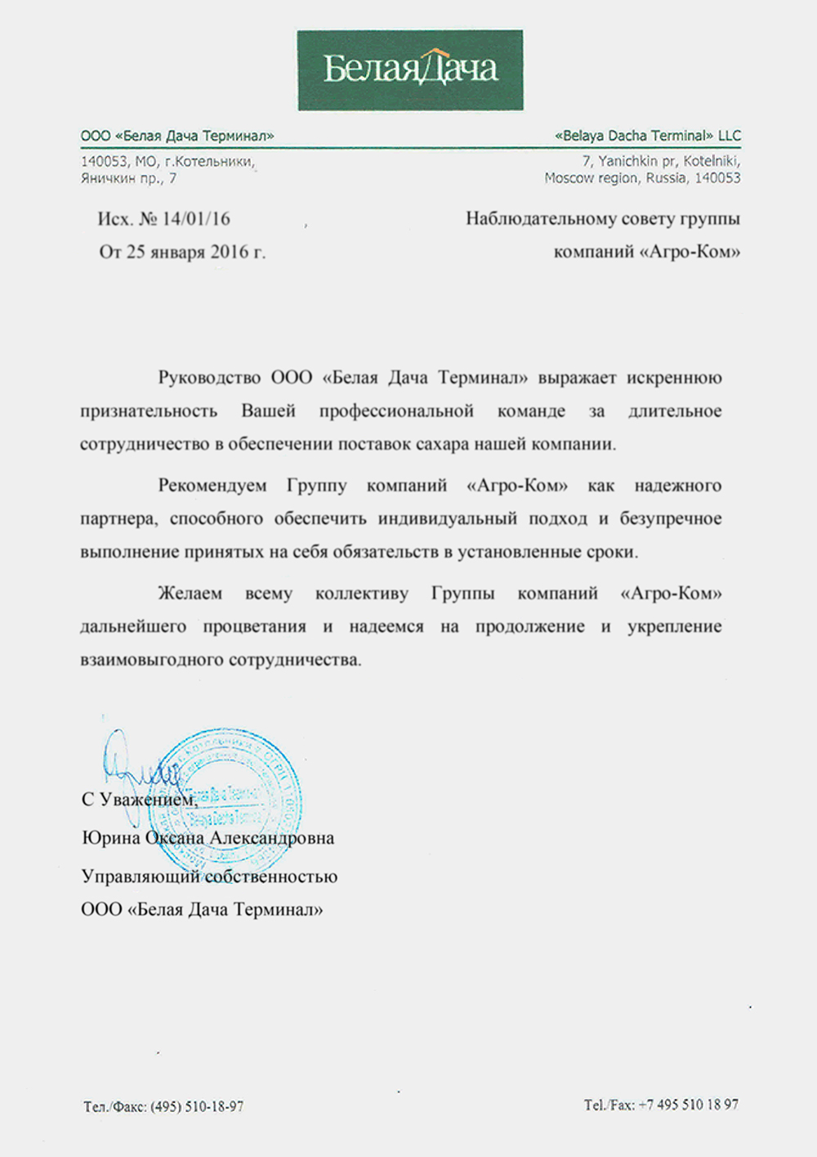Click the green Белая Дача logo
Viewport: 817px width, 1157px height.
pyautogui.click(x=410, y=70)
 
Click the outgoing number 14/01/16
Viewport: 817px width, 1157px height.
pyautogui.click(x=196, y=219)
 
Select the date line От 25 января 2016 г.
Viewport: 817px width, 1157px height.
pyautogui.click(x=182, y=252)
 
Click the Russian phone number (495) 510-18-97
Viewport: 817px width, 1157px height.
pyautogui.click(x=197, y=1106)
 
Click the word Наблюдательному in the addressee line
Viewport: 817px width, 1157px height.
pyautogui.click(x=536, y=219)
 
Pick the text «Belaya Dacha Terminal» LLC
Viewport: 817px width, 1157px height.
pyautogui.click(x=648, y=136)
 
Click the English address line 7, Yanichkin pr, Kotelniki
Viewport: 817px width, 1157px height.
pyautogui.click(x=661, y=161)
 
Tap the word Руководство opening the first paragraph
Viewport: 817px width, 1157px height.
pyautogui.click(x=208, y=378)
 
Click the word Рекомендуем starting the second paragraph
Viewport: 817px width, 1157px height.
pyautogui.click(x=212, y=486)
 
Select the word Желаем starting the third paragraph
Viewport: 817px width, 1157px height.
pyautogui.click(x=190, y=594)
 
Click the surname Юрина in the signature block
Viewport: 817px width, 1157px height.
pyautogui.click(x=111, y=838)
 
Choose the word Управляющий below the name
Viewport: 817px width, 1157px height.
pyautogui.click(x=140, y=877)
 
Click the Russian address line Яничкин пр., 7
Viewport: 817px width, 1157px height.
pyautogui.click(x=128, y=177)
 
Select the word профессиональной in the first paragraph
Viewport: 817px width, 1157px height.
pyautogui.click(x=396, y=411)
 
